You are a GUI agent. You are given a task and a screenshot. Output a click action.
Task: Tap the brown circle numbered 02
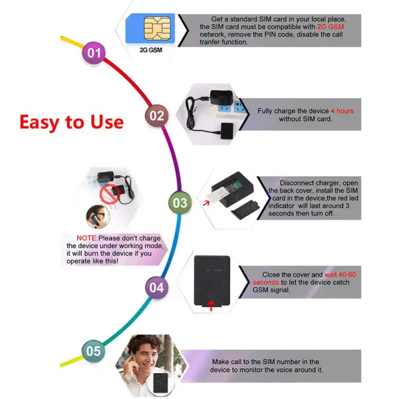tap(157, 116)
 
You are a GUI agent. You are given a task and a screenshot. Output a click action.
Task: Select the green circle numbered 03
tap(180, 202)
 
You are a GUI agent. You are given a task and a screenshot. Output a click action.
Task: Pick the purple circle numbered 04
tap(156, 288)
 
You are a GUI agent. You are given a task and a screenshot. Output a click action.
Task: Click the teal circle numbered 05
tap(93, 351)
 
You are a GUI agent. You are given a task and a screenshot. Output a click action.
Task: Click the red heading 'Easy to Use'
tap(71, 122)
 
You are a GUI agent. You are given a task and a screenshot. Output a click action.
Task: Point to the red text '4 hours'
tap(342, 111)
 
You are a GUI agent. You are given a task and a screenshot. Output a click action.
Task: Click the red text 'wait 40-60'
tap(340, 275)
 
